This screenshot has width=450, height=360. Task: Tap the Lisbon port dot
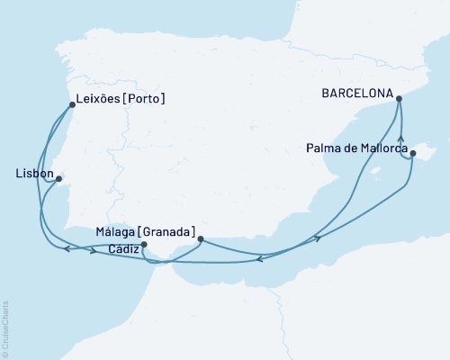coord(58,179)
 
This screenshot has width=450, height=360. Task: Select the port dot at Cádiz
coord(144,244)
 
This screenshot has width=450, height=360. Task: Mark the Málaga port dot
coord(200,238)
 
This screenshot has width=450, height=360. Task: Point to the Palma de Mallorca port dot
coord(412,154)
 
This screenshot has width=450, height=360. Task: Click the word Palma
coord(323,147)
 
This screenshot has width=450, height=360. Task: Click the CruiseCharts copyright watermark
coord(6,328)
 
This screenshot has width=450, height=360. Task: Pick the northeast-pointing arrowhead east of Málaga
coord(317,238)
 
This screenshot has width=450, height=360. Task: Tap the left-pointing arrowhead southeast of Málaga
coord(258,259)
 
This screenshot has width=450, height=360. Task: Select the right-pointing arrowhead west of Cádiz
coord(94,250)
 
